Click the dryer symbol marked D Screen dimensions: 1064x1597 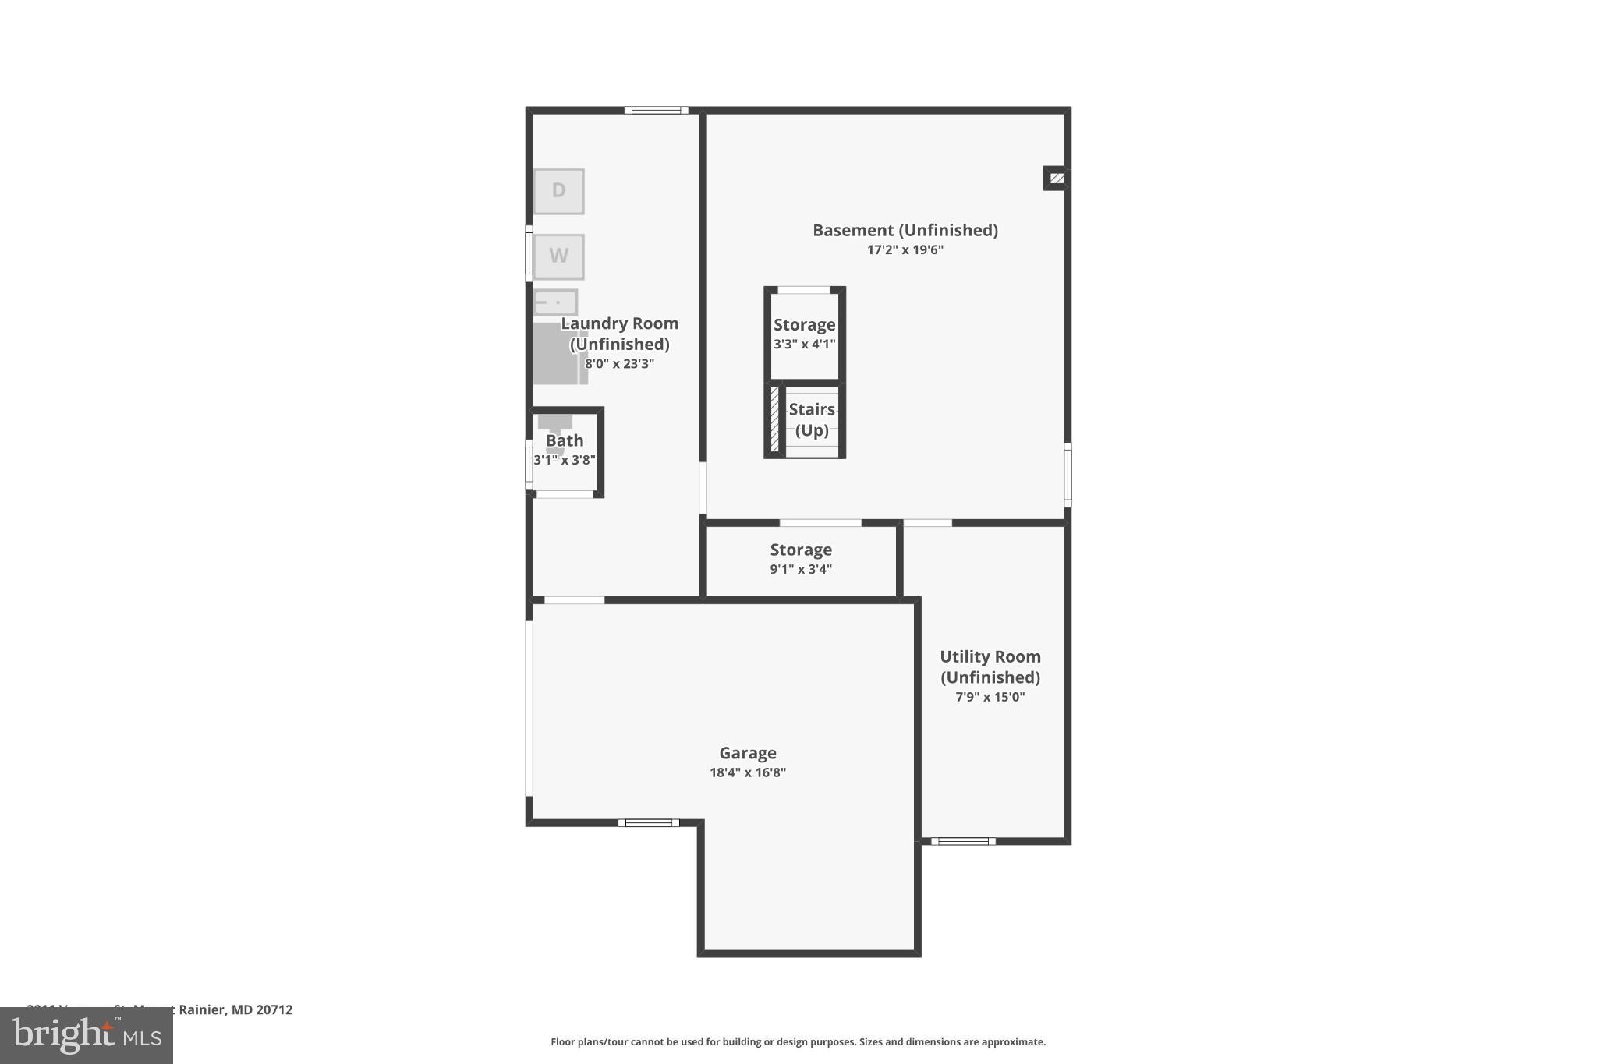tap(558, 191)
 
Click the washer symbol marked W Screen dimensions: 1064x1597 tap(558, 256)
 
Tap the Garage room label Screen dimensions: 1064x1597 tap(747, 753)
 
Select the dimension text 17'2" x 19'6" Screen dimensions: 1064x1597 tap(905, 250)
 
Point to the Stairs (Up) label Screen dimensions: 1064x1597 tap(811, 419)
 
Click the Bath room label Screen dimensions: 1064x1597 tap(564, 441)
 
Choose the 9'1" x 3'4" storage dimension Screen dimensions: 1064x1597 tap(800, 569)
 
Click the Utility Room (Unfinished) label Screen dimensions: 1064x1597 tap(990, 666)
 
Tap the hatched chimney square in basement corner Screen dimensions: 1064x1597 tap(1057, 179)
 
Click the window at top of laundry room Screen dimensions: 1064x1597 tap(656, 111)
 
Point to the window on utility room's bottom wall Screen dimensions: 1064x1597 tap(963, 841)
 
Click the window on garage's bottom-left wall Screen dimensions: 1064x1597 tap(648, 823)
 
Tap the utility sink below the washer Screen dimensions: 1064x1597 tap(556, 302)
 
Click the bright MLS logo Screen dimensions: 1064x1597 tap(87, 1036)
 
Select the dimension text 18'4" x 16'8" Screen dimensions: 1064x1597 tap(747, 772)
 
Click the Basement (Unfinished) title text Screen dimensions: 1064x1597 tap(905, 230)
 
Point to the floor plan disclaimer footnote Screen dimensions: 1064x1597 tap(798, 1041)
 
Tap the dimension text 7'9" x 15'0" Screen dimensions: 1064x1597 tap(990, 697)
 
